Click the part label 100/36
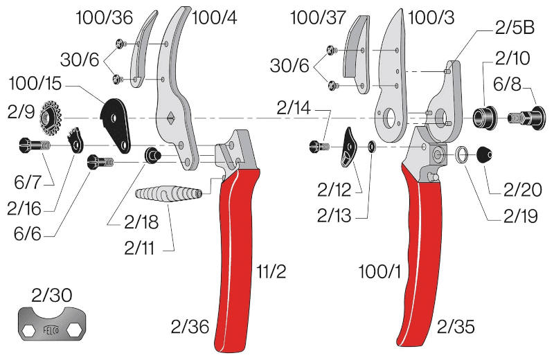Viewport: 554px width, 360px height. point(105,17)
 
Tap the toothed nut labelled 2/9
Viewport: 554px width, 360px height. point(51,118)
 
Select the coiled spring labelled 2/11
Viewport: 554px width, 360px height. point(169,194)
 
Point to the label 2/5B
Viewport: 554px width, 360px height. point(515,28)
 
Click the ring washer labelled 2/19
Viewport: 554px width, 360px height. point(462,154)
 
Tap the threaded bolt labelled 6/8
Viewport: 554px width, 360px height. point(526,117)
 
